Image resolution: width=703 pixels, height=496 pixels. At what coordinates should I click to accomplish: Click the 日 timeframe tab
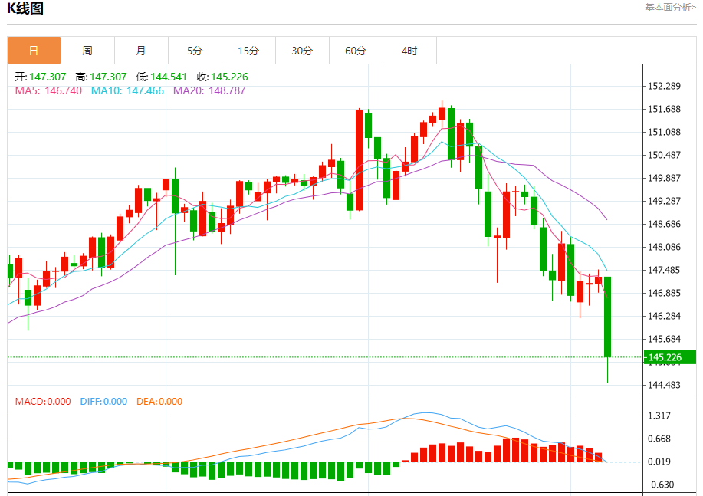coord(34,51)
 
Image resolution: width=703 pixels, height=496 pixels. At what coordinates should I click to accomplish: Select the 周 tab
coord(87,51)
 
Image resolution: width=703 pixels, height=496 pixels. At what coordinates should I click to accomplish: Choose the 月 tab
coord(141,51)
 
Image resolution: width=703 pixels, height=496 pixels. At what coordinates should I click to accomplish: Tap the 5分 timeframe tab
coord(195,51)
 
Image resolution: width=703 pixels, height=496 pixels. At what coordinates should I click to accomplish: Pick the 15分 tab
coord(248,51)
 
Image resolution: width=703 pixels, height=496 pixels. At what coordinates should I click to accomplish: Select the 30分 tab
coord(302,51)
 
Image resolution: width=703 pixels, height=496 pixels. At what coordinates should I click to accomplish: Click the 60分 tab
coord(356,51)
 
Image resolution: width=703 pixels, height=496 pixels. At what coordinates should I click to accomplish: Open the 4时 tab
coord(409,51)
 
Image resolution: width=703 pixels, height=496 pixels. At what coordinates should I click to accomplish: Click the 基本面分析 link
coord(670,8)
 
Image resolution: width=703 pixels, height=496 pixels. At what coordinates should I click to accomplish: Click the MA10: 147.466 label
coord(127,90)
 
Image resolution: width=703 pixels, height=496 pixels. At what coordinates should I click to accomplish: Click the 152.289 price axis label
coord(665,86)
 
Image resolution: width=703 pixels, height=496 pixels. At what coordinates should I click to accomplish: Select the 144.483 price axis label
coord(665,385)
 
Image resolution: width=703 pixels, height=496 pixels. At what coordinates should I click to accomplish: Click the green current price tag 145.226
coord(665,357)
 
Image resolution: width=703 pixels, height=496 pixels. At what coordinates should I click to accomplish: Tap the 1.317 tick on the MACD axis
coord(660,416)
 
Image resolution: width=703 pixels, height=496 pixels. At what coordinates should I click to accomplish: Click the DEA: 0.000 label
coord(159,401)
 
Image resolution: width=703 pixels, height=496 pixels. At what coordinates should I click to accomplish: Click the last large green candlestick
coord(608,317)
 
